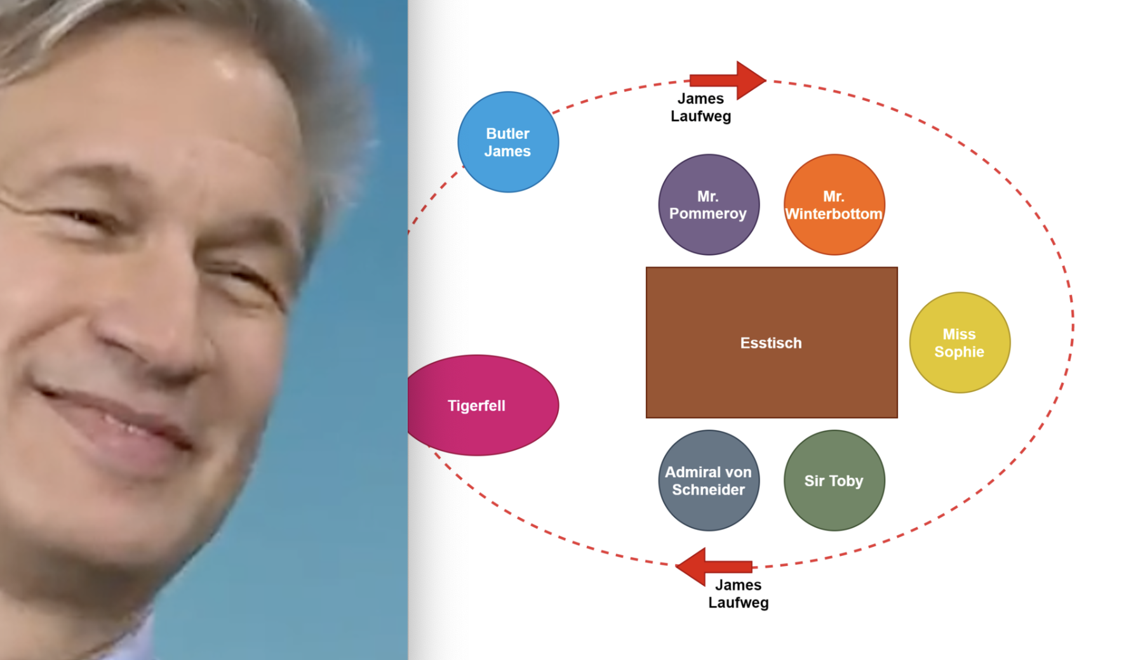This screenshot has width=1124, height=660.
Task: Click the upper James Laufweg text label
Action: [x=700, y=107]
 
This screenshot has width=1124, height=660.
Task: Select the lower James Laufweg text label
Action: [x=738, y=594]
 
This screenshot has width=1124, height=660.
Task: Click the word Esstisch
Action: [x=771, y=343]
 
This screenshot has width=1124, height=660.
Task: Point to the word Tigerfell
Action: [x=476, y=406]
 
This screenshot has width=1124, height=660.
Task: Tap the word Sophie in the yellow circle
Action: [x=959, y=352]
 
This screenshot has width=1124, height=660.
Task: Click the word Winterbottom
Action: [x=834, y=214]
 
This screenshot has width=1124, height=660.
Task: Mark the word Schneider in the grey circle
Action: [x=708, y=490]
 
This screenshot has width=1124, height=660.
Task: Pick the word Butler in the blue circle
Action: [x=507, y=133]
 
